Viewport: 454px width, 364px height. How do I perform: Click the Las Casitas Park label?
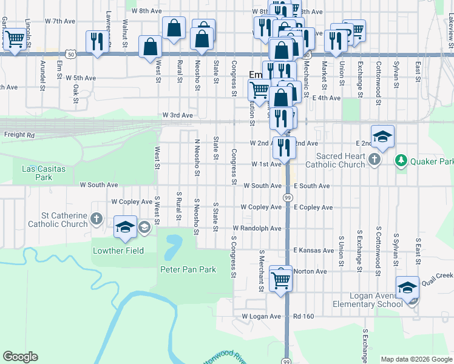coord(43,173)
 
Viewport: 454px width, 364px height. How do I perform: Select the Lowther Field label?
coord(118,251)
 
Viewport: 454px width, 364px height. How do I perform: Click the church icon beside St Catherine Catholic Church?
coord(96,218)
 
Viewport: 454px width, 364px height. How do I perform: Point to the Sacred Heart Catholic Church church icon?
coord(374,160)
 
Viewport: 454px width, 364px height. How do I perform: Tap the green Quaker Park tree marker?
coord(401,161)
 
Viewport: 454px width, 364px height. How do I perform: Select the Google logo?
coord(20,357)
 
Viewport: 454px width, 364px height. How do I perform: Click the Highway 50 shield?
coord(72,54)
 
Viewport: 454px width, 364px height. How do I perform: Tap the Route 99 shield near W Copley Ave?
coord(286,198)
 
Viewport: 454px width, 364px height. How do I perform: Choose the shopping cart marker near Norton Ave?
coord(280,279)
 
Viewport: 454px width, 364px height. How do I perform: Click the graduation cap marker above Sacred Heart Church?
coord(382,136)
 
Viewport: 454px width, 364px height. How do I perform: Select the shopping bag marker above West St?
coord(150,47)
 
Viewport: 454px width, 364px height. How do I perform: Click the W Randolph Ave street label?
coord(257,228)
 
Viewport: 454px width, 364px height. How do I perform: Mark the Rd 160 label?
coord(304,316)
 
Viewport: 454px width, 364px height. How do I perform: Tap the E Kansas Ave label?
coord(313,250)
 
